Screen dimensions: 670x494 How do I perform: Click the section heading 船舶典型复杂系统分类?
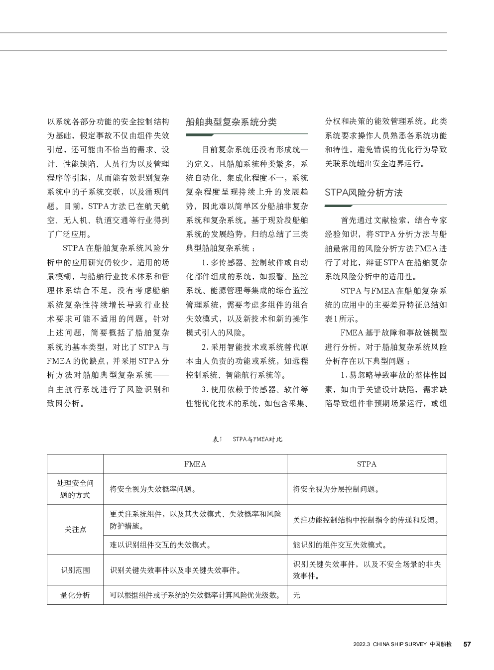231,122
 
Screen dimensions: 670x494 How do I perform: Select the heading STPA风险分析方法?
364,193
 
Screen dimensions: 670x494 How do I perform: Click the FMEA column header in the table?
195,464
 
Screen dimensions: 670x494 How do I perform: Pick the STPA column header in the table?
367,464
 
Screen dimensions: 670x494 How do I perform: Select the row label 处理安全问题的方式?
75,489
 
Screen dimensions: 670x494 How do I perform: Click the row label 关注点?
75,530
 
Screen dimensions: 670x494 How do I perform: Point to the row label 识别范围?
75,570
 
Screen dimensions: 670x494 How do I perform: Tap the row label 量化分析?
75,595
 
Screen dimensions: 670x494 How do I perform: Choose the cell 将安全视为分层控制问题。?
336,489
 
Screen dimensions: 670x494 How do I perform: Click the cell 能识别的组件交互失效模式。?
340,545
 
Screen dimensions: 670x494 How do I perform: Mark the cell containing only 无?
297,595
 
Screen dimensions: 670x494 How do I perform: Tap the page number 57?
467,644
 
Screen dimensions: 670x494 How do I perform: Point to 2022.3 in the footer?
362,644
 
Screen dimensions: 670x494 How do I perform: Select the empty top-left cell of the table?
75,464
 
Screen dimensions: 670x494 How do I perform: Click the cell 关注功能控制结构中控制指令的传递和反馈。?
366,520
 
